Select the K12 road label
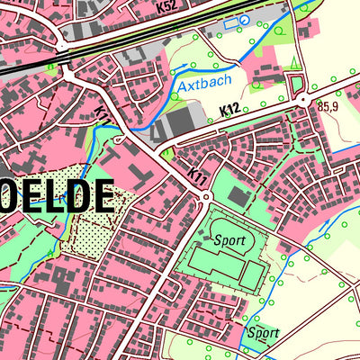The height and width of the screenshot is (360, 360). tap(229, 110)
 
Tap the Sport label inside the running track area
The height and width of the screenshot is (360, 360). tap(229, 240)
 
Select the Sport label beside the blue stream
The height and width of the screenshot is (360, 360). tap(263, 332)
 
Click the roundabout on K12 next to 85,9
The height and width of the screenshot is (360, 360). tap(307, 100)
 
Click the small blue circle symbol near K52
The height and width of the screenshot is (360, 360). tap(243, 21)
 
